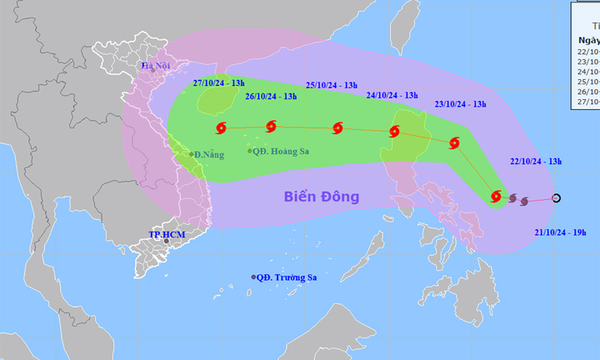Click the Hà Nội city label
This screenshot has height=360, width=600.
(155, 66)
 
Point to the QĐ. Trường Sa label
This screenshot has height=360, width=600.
(287, 277)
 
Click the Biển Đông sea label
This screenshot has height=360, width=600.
(322, 197)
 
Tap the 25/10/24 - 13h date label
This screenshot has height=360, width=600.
(331, 85)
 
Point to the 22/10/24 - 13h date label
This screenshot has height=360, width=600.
(537, 161)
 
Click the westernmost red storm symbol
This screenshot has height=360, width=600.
(221, 128)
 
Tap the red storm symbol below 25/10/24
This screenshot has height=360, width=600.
(337, 128)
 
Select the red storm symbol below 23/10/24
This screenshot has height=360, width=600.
(454, 142)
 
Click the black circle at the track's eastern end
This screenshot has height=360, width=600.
(557, 198)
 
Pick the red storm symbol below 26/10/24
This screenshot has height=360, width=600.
(270, 127)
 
